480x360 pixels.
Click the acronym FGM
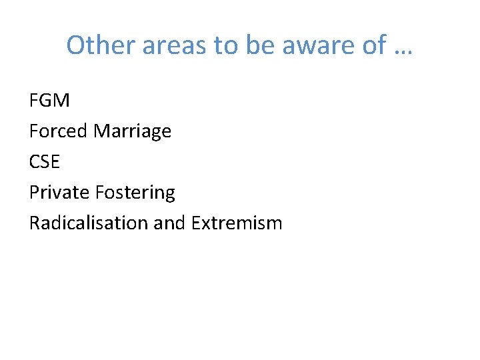tap(49, 101)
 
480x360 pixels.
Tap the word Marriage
tap(133, 131)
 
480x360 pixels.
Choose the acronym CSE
tap(45, 162)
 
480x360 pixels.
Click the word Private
tap(59, 193)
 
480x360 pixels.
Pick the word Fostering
tap(135, 193)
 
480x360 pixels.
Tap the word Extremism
tap(237, 223)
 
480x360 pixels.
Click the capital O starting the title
tap(76, 45)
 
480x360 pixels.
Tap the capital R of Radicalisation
tap(35, 223)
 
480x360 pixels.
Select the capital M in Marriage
tap(102, 131)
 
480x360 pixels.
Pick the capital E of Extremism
tap(195, 223)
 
